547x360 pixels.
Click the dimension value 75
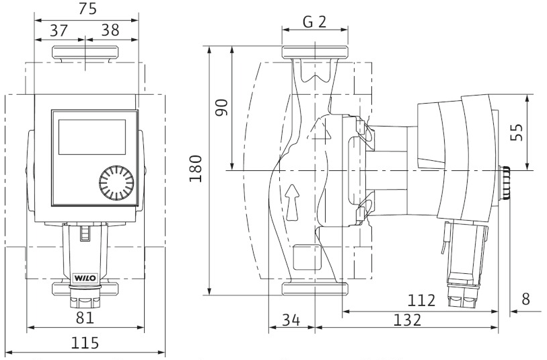click(87, 8)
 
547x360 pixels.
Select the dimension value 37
click(59, 30)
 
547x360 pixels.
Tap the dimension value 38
click(110, 30)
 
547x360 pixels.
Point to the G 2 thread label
click(314, 22)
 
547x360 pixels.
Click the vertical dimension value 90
click(221, 108)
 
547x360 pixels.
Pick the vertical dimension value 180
click(196, 168)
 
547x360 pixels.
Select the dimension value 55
click(517, 132)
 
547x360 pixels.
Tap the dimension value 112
click(421, 300)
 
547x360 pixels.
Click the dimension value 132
click(407, 320)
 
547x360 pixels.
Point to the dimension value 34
click(291, 320)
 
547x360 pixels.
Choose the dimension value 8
click(525, 299)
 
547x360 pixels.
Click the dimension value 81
click(85, 318)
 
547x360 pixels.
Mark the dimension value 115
click(85, 343)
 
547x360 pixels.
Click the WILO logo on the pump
click(84, 278)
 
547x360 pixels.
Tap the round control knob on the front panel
click(116, 182)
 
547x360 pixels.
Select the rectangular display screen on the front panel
click(92, 137)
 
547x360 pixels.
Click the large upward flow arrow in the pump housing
click(292, 203)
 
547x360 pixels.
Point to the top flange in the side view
click(315, 52)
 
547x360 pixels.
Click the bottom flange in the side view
click(315, 289)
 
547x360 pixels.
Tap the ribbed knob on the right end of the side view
click(505, 183)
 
